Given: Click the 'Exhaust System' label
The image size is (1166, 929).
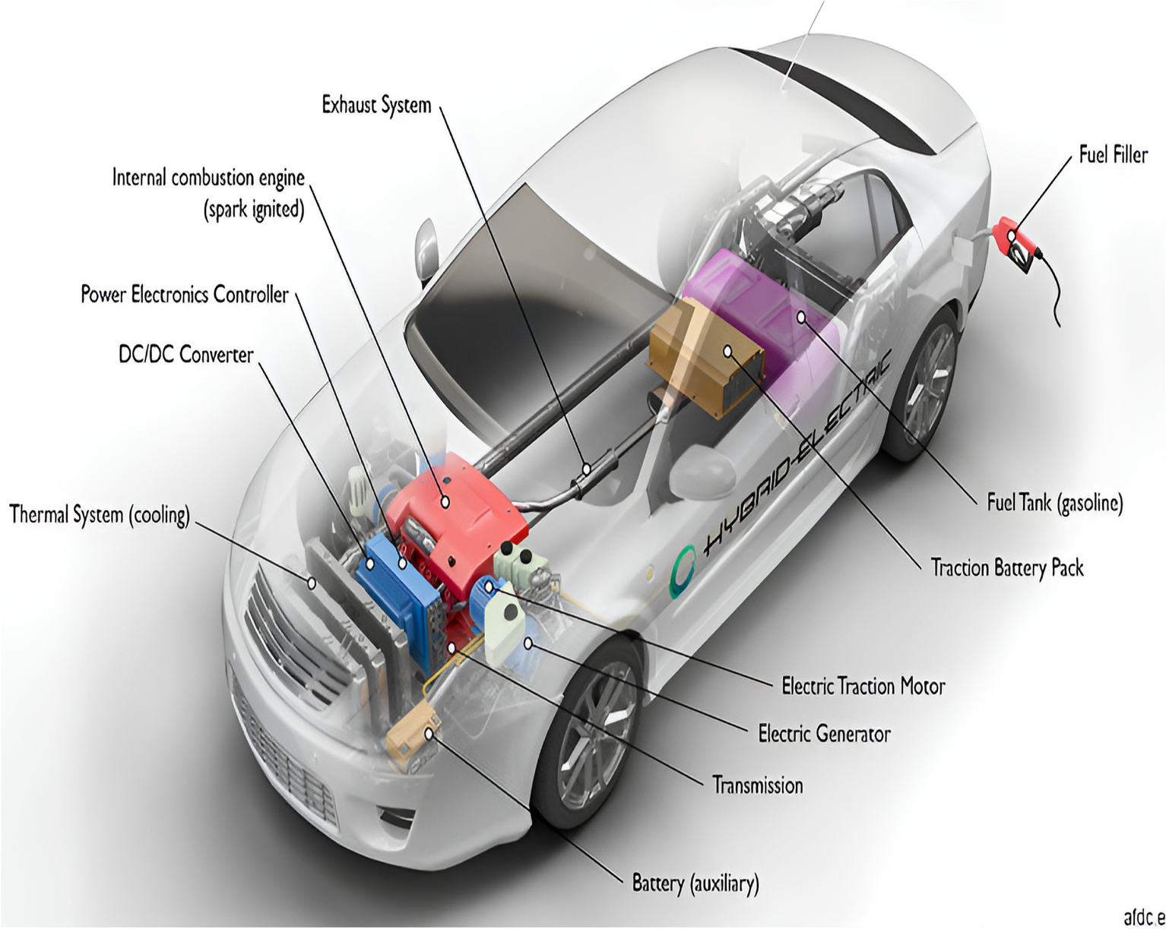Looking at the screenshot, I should [x=376, y=105].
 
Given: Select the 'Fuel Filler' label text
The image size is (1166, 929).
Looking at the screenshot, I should [x=1113, y=155].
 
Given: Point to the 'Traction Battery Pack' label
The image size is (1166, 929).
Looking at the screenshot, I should [x=1007, y=567].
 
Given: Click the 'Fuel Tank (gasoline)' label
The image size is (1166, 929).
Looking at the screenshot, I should [x=1054, y=502].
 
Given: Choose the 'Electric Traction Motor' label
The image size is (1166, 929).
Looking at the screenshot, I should [x=863, y=687].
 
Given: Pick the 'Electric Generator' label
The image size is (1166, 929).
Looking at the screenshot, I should [x=824, y=734].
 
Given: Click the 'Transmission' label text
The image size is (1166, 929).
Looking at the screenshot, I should [x=757, y=785].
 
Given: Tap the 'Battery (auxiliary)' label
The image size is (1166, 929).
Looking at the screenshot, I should [x=695, y=883].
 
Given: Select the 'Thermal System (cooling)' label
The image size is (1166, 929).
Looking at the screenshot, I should [x=99, y=515].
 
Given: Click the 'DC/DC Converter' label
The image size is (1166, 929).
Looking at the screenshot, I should [x=185, y=354].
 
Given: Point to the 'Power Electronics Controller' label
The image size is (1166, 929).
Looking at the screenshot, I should [x=185, y=294].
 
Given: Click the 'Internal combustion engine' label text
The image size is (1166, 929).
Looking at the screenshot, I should [x=208, y=178].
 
